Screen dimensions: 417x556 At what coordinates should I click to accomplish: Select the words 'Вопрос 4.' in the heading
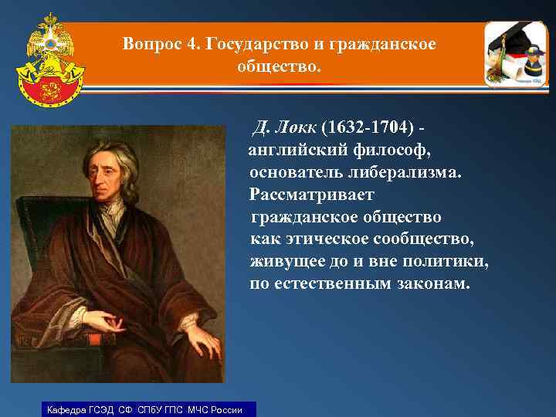point(152,44)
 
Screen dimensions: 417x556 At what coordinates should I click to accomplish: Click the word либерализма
point(405,170)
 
